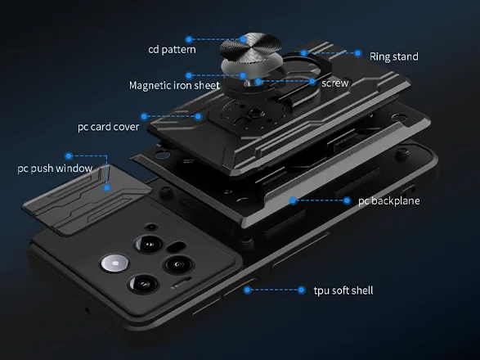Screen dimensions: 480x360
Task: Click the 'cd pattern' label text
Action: [172, 49]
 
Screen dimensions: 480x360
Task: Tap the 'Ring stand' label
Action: [393, 56]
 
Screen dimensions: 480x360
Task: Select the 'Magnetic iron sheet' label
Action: [174, 85]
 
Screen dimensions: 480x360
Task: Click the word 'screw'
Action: [335, 83]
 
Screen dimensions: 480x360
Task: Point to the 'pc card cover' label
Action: [109, 127]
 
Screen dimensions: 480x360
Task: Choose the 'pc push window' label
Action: [55, 169]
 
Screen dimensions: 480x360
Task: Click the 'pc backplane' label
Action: [388, 200]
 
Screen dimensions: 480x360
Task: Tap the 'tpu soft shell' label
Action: [343, 290]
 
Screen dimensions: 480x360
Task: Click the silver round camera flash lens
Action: [114, 263]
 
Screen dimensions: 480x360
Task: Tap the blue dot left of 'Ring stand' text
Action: [357, 53]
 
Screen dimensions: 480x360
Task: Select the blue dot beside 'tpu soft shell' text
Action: [301, 290]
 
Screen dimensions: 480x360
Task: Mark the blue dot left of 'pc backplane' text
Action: [347, 200]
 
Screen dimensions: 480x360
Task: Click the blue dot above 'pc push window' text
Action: [69, 156]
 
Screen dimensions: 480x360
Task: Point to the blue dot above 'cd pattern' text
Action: [189, 39]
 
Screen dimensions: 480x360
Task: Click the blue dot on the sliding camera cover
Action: [107, 187]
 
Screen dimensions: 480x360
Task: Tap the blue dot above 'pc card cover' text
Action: [144, 116]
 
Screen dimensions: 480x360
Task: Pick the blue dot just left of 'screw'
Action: [312, 82]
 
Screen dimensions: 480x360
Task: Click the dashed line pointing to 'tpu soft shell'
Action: [274, 290]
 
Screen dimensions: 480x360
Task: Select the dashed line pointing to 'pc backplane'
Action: [320, 200]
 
